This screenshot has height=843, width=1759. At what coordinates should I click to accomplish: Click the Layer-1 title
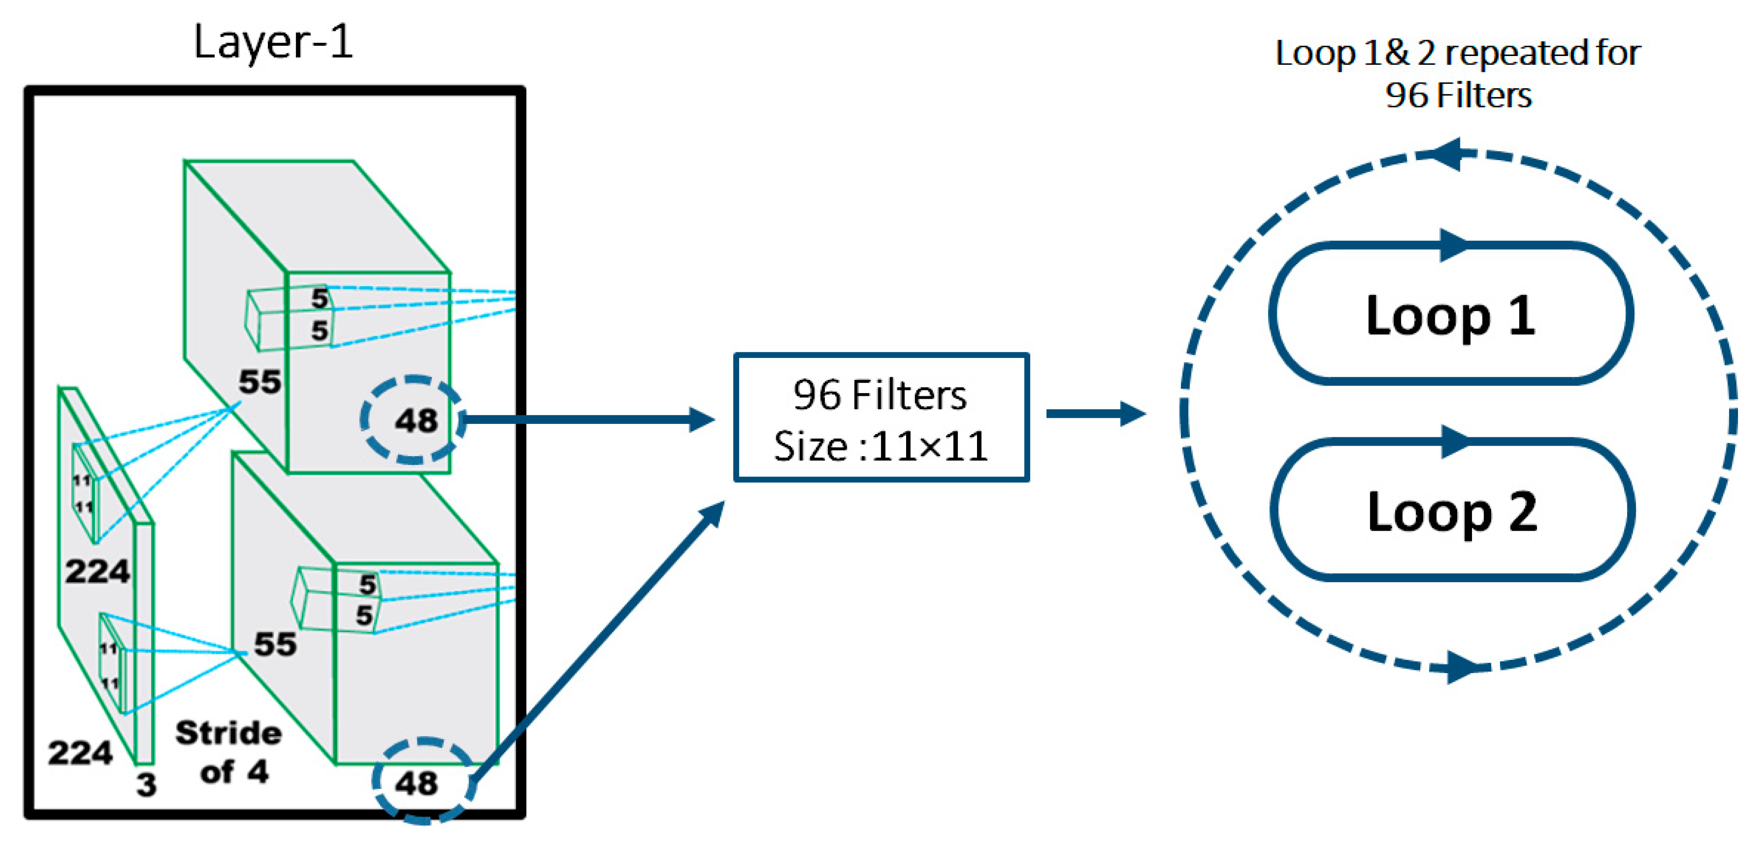coord(273,42)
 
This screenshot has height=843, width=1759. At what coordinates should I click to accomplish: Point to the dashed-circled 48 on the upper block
coord(414,420)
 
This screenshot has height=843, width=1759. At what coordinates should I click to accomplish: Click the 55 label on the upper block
coord(259,381)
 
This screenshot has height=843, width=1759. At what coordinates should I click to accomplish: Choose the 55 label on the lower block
coord(275,644)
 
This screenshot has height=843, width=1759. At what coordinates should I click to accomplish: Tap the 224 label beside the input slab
coord(97,571)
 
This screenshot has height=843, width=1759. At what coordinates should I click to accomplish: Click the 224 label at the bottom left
coord(80,753)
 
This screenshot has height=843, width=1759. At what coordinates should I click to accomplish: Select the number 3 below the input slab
coord(146,784)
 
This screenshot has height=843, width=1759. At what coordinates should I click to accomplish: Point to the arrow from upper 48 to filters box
coord(587,419)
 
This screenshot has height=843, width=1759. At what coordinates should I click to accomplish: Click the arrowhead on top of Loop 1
coord(1453,245)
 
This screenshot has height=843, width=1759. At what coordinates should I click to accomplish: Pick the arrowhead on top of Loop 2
coord(1454,442)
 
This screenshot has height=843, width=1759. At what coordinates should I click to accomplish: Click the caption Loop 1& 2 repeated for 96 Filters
coord(1458,74)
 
